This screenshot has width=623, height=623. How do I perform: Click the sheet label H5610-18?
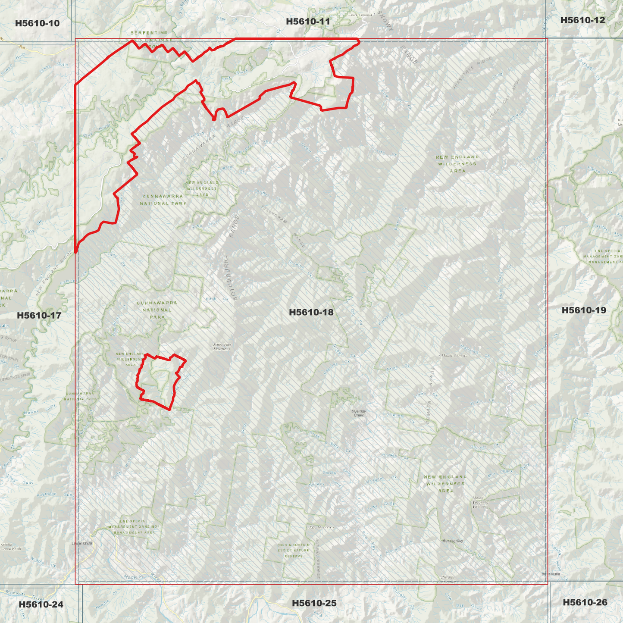click(311, 312)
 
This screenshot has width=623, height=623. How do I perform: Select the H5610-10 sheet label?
click(37, 23)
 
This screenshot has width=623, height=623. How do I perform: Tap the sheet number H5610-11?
click(308, 22)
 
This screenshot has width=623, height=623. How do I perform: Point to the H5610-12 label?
click(582, 20)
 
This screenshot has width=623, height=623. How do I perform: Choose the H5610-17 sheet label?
click(39, 316)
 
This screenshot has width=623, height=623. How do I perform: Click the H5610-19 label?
click(584, 310)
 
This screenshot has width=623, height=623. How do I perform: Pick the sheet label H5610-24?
click(41, 604)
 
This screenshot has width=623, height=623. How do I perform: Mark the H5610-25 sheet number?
click(314, 603)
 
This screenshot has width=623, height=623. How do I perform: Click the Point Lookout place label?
click(360, 15)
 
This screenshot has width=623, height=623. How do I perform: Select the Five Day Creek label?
click(359, 413)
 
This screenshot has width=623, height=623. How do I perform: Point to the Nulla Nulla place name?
click(551, 574)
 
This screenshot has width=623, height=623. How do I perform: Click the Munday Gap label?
click(452, 541)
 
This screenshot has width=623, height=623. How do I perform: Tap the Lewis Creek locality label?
click(82, 543)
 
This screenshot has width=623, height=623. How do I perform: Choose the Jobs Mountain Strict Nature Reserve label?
click(293, 551)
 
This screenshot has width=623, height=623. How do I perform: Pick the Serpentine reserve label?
click(149, 33)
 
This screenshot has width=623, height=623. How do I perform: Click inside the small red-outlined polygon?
click(160, 379)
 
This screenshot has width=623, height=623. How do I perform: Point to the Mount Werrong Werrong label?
click(480, 502)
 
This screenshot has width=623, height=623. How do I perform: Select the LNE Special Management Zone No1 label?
click(134, 527)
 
